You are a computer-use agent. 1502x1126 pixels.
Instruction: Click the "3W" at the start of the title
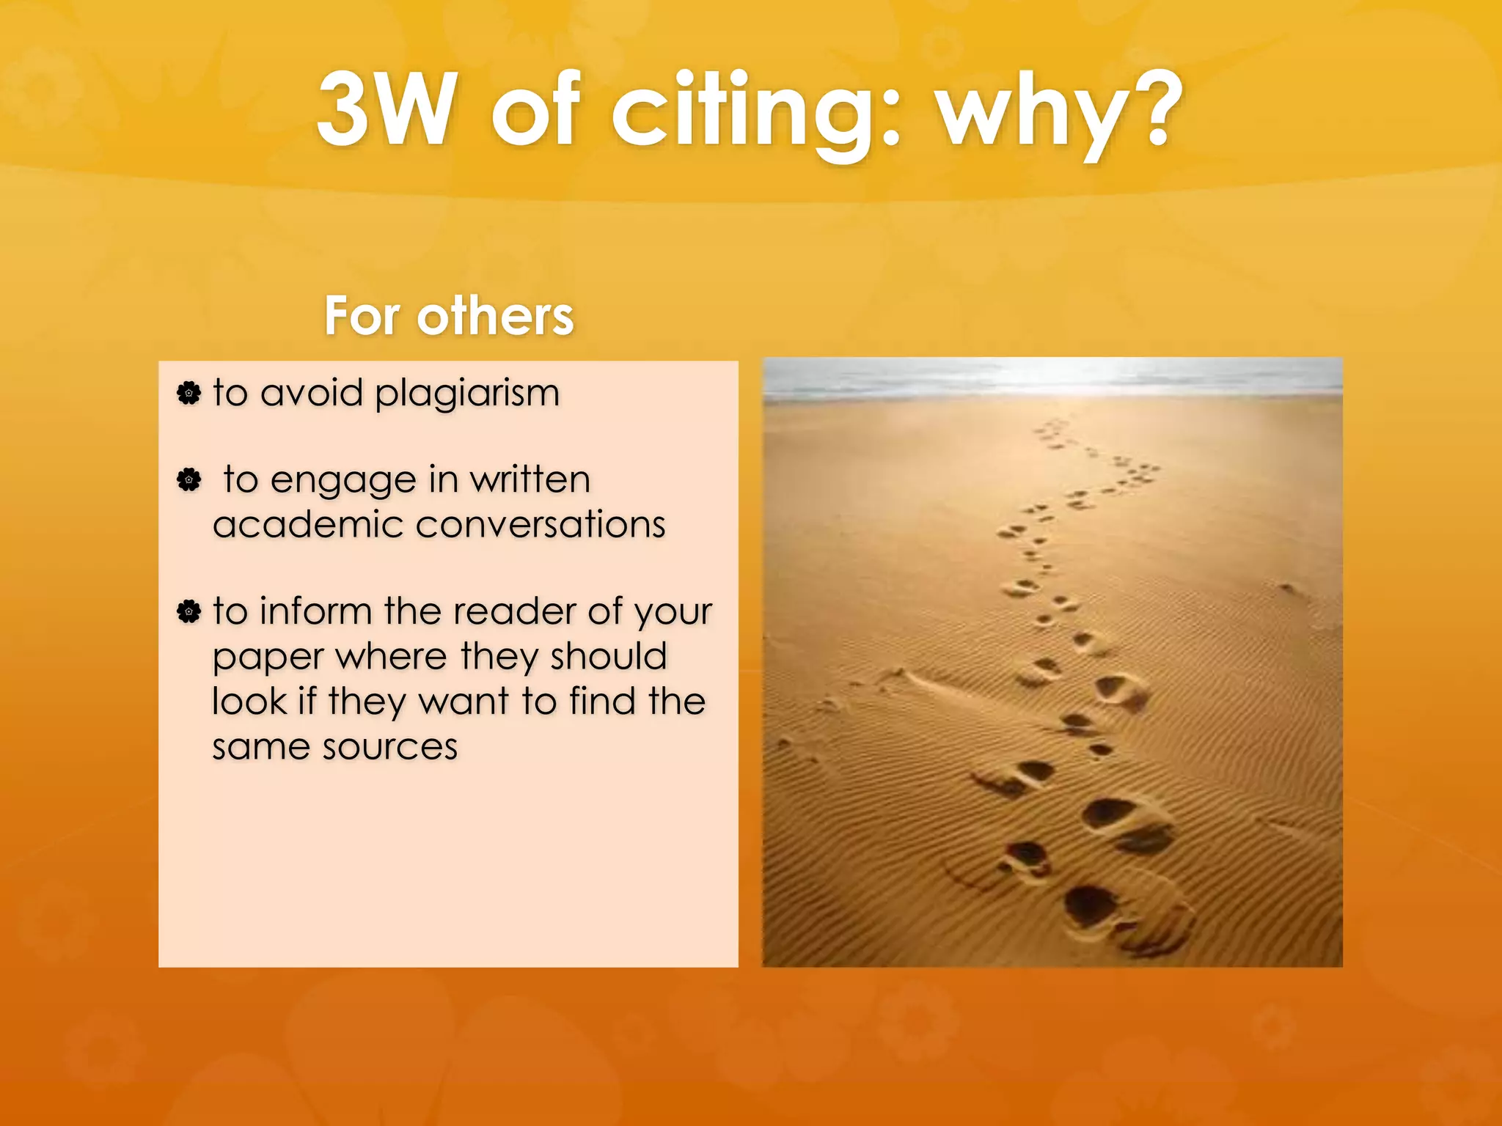click(x=385, y=110)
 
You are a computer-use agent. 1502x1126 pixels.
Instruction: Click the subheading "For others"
click(x=449, y=316)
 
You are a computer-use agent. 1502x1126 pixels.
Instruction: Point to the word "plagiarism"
click(x=467, y=394)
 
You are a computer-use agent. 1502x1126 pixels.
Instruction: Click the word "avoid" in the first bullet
click(x=312, y=393)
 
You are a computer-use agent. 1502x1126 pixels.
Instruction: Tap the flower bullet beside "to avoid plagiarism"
click(x=188, y=394)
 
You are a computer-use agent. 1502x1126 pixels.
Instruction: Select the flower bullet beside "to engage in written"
click(x=188, y=480)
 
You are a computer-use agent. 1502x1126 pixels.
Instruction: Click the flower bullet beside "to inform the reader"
click(x=188, y=611)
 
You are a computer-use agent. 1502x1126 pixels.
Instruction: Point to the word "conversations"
click(x=541, y=525)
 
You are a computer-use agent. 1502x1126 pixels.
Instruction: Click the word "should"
click(x=609, y=656)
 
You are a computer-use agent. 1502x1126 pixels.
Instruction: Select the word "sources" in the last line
click(x=390, y=747)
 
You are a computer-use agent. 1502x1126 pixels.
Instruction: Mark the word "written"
click(x=530, y=480)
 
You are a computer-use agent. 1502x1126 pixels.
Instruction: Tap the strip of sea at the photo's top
click(x=1052, y=378)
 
